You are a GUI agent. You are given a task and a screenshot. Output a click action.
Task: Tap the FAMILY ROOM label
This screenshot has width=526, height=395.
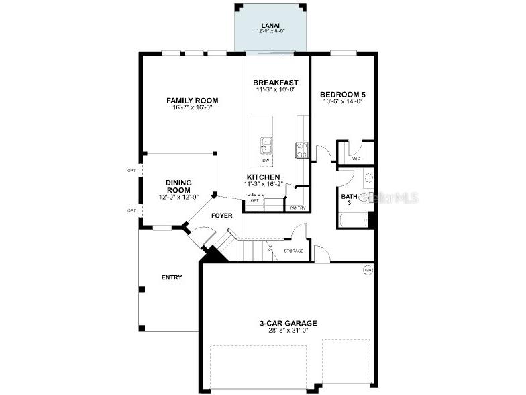[x=193, y=101]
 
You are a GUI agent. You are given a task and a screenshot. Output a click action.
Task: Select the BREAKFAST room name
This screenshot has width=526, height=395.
[x=276, y=83]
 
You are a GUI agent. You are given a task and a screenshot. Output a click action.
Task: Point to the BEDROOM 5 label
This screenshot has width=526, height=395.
[x=341, y=95]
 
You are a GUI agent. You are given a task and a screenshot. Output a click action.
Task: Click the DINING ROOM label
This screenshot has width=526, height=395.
[x=179, y=186]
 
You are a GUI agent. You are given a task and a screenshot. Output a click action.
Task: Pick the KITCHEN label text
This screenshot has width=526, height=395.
[x=262, y=177]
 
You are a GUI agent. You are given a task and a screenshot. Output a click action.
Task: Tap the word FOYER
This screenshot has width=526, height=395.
[x=222, y=216]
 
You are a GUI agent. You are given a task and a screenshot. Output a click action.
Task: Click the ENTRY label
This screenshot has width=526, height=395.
[x=172, y=277]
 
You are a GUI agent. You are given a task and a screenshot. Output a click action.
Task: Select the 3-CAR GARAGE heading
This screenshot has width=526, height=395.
[x=288, y=323]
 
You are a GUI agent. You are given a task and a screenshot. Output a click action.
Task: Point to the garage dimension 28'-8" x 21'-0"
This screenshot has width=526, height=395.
[x=288, y=330]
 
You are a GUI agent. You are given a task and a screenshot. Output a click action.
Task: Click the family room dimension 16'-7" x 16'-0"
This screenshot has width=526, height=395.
[x=193, y=107]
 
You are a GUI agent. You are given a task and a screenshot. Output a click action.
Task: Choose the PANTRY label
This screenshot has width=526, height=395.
[x=297, y=208]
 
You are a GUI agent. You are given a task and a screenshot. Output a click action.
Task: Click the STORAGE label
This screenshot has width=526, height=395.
[x=293, y=251]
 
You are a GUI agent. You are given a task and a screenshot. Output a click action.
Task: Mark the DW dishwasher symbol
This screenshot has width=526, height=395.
[x=266, y=161]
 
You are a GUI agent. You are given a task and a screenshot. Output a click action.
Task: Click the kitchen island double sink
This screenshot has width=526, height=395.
[x=266, y=145]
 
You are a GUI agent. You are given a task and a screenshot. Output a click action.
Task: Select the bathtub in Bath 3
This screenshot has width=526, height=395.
[x=353, y=220]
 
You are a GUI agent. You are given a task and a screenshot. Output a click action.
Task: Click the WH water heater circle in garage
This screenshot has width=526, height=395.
[x=368, y=270]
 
